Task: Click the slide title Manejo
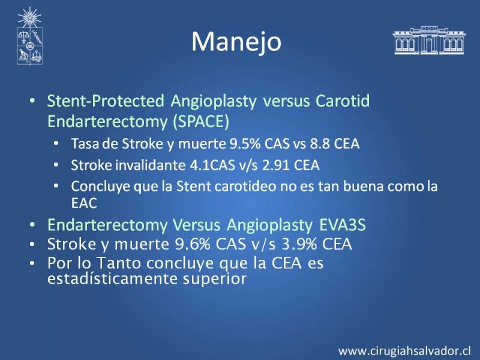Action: tap(236, 42)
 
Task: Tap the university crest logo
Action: tap(29, 36)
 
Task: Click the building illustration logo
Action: tap(429, 40)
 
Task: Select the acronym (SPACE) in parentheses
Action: tap(201, 122)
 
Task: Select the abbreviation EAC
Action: tap(84, 203)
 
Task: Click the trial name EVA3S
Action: tap(342, 225)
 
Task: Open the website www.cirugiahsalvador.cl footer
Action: tap(404, 350)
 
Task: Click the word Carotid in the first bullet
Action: tap(343, 101)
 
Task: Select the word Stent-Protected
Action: tap(106, 101)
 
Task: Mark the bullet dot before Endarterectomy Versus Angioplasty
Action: tap(32, 225)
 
